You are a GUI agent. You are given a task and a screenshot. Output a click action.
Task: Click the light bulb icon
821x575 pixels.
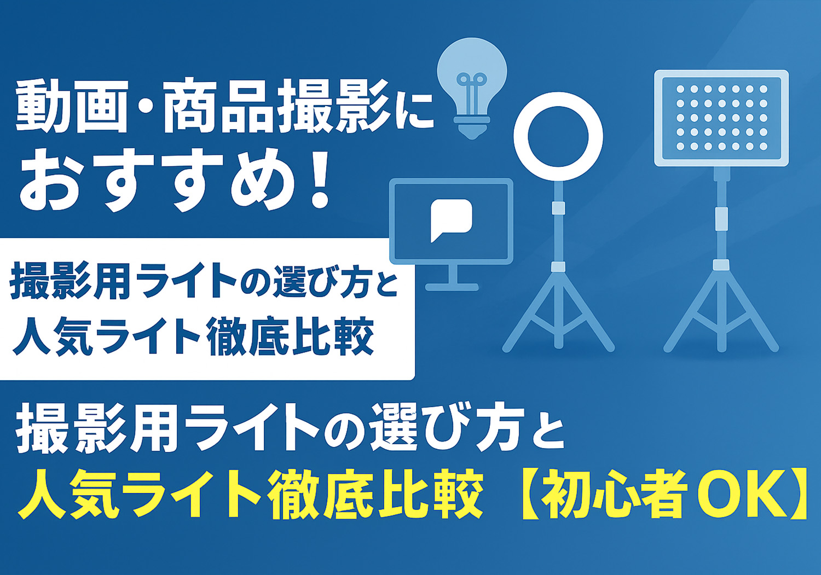pos(472,88)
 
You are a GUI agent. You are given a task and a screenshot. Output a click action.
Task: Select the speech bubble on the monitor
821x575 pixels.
pos(451,220)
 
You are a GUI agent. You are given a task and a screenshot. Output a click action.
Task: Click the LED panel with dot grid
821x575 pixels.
pos(721,118)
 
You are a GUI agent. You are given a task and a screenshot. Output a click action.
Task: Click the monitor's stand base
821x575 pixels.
pos(452,287)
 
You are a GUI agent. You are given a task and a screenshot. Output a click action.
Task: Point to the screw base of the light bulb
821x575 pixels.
pos(472,127)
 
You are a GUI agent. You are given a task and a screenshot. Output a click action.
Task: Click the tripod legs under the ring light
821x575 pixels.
pos(558,311)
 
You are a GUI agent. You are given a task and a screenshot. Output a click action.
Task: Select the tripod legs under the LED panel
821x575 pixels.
pos(721,311)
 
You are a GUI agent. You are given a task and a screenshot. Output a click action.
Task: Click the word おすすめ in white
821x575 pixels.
pos(158,179)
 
